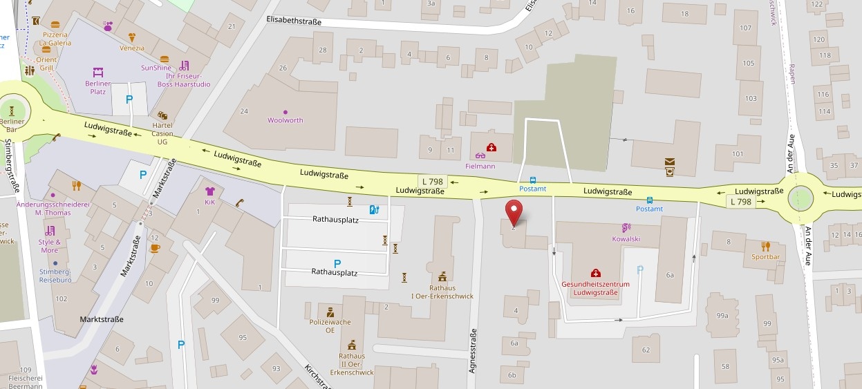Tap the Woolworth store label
coord(285,120)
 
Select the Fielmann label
coord(480,166)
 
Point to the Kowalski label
coord(626,239)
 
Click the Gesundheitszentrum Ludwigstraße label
coord(595,288)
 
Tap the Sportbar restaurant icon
coord(765,247)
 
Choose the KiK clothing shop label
coord(209,202)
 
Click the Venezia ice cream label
coord(131,48)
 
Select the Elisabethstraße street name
coord(294,21)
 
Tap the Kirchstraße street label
coord(316,374)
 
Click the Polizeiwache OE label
coord(330,326)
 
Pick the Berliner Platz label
coord(98,87)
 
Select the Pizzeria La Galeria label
coord(55,39)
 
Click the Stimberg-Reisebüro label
coord(55,276)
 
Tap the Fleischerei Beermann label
coord(26,382)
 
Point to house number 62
coord(646,350)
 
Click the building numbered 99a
coord(722,316)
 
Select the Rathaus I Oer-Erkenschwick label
coord(442,292)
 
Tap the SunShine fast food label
coord(156,68)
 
